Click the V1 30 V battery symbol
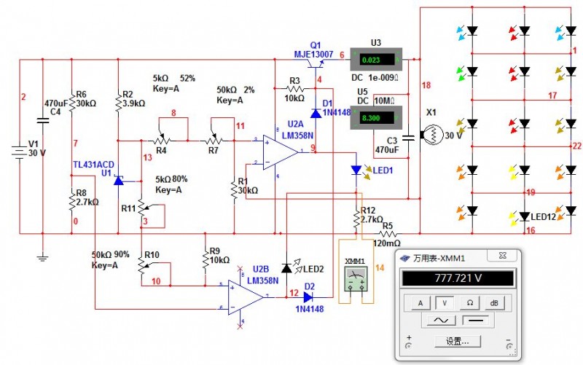[17, 154]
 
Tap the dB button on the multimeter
[495, 303]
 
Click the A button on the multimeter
[420, 303]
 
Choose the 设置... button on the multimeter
[457, 341]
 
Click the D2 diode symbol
[308, 297]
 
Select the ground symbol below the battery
[42, 256]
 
